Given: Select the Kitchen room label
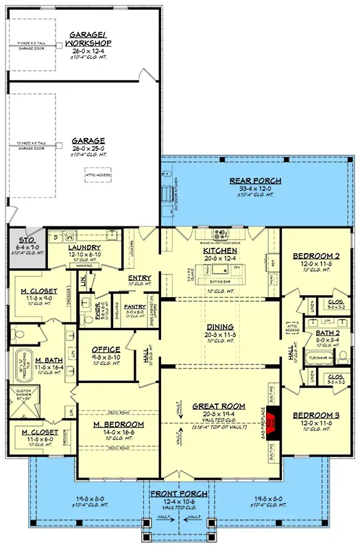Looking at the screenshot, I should click(219, 250).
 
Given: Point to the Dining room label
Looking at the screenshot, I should click(219, 327).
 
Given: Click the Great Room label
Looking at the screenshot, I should click(219, 406).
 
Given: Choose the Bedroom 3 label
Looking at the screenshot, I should click(316, 416).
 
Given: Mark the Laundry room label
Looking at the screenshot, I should click(85, 247).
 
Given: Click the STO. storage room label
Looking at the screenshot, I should click(26, 240).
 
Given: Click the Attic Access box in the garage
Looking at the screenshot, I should click(97, 175).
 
